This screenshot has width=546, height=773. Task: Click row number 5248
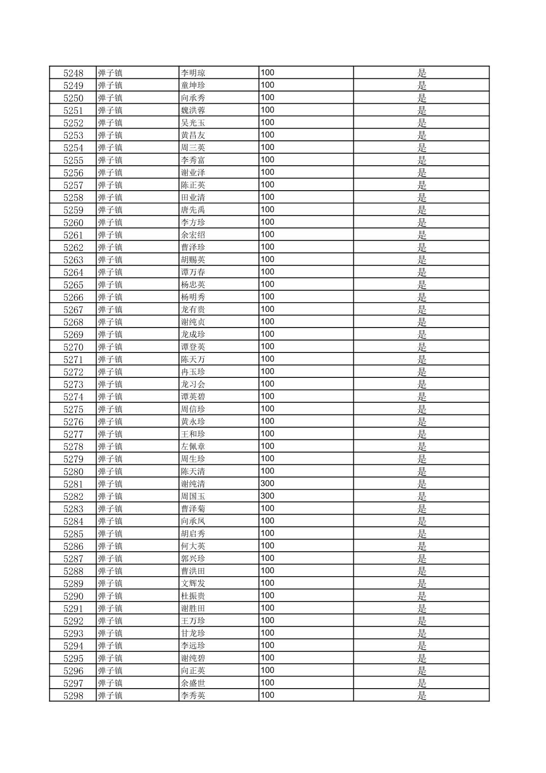73,73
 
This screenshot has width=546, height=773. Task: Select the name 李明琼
193,73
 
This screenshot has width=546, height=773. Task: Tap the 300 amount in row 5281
267,484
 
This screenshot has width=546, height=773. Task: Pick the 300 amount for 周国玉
267,496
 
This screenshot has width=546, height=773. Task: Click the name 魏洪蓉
193,110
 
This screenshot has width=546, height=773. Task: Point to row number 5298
73,696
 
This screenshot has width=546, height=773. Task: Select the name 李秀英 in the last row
193,696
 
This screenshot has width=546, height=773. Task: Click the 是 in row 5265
422,285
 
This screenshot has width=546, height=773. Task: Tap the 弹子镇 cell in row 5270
110,347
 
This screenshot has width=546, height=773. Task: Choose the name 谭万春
193,272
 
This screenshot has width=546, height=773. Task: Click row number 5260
73,222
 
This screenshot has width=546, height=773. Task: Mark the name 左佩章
193,447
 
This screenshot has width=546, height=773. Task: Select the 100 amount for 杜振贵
267,596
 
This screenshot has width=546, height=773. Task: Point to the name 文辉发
193,583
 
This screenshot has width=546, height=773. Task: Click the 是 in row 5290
422,596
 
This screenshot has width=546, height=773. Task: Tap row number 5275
73,409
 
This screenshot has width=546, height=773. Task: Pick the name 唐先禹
193,210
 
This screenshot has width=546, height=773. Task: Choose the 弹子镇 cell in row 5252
110,123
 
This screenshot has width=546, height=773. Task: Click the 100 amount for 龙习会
267,384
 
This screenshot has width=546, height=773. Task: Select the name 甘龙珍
193,633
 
